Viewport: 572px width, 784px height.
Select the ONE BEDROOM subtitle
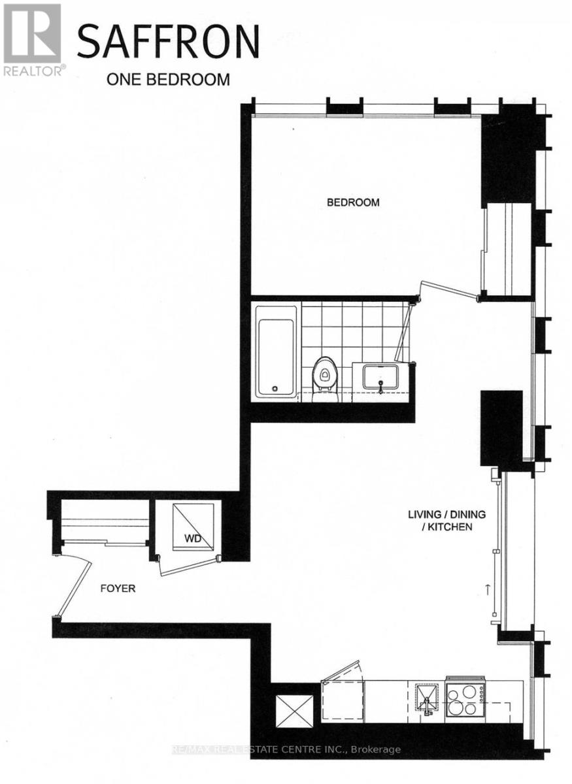(168, 80)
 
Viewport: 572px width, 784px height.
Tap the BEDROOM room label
(353, 203)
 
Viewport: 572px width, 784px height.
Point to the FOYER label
(118, 589)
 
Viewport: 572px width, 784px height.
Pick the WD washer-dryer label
(192, 539)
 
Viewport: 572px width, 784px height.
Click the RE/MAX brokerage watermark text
(286, 750)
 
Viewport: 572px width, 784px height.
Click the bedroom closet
(507, 248)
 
